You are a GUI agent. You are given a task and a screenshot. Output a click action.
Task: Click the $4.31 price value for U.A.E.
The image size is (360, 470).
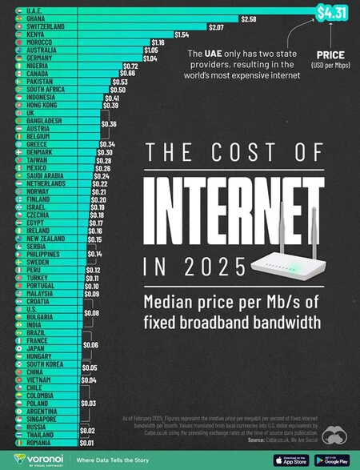tap(331, 12)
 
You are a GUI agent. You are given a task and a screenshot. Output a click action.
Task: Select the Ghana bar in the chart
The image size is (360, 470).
tap(128, 18)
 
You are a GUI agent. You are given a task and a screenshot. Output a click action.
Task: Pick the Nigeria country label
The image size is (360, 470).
tap(38, 66)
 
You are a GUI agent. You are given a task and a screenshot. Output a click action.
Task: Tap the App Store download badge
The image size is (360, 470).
tap(290, 460)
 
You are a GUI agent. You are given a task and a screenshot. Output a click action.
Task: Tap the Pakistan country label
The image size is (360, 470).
tap(39, 82)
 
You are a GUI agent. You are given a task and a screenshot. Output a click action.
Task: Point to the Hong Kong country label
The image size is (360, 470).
tap(42, 105)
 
